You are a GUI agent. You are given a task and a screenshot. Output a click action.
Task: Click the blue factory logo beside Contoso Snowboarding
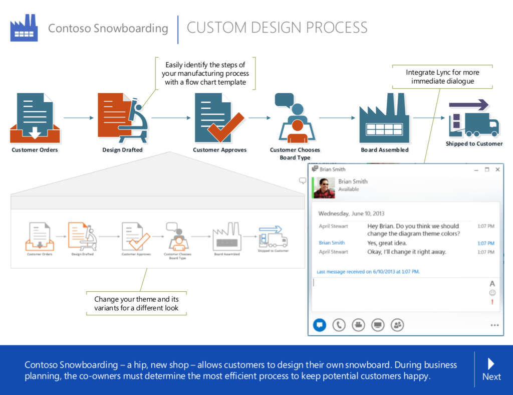[24, 28]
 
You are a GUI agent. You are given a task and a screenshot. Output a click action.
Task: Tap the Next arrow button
[491, 369]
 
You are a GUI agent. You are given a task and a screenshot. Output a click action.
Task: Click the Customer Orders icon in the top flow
[35, 118]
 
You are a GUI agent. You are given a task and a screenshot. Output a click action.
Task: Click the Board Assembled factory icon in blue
[384, 119]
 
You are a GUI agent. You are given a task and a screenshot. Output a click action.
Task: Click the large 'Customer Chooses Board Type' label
[295, 153]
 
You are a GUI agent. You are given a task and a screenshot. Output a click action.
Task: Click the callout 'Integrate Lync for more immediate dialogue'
[442, 77]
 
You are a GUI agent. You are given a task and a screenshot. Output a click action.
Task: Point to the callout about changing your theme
[136, 303]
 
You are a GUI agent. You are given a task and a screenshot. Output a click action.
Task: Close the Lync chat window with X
[497, 170]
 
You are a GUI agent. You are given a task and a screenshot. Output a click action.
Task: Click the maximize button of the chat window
[486, 170]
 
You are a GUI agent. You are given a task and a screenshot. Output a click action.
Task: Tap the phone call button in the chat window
[339, 325]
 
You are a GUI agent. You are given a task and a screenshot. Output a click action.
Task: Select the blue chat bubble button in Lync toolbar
[319, 325]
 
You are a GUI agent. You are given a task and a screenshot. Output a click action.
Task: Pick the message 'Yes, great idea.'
[387, 243]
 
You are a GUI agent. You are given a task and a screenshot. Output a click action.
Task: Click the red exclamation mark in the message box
[492, 302]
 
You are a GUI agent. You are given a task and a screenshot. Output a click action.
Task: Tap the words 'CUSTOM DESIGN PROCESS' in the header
[277, 28]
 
